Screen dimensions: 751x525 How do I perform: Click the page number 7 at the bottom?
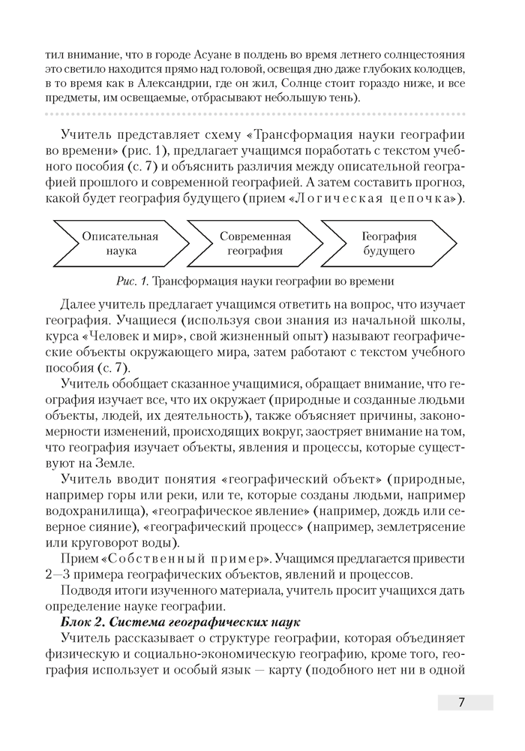pos(462,702)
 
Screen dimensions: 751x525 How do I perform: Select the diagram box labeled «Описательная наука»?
pos(120,243)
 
